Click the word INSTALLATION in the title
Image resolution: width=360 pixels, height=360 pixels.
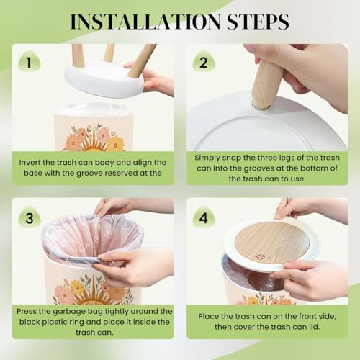(x=145, y=22)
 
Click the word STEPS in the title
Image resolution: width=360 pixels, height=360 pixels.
(x=258, y=22)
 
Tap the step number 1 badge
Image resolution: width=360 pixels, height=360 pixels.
(x=30, y=63)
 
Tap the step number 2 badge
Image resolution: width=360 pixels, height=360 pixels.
(x=204, y=63)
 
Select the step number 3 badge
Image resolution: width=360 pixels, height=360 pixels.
(x=30, y=218)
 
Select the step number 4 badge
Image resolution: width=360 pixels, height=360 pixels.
(x=204, y=218)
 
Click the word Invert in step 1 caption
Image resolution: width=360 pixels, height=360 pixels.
(x=30, y=163)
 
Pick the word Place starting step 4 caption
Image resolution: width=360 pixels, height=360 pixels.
(x=208, y=316)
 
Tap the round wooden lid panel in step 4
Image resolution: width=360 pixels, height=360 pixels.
(x=271, y=243)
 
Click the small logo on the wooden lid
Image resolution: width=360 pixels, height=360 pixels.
(x=260, y=257)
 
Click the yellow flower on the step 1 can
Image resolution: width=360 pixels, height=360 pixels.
(x=115, y=144)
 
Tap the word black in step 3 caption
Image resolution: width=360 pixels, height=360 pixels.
(x=30, y=322)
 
